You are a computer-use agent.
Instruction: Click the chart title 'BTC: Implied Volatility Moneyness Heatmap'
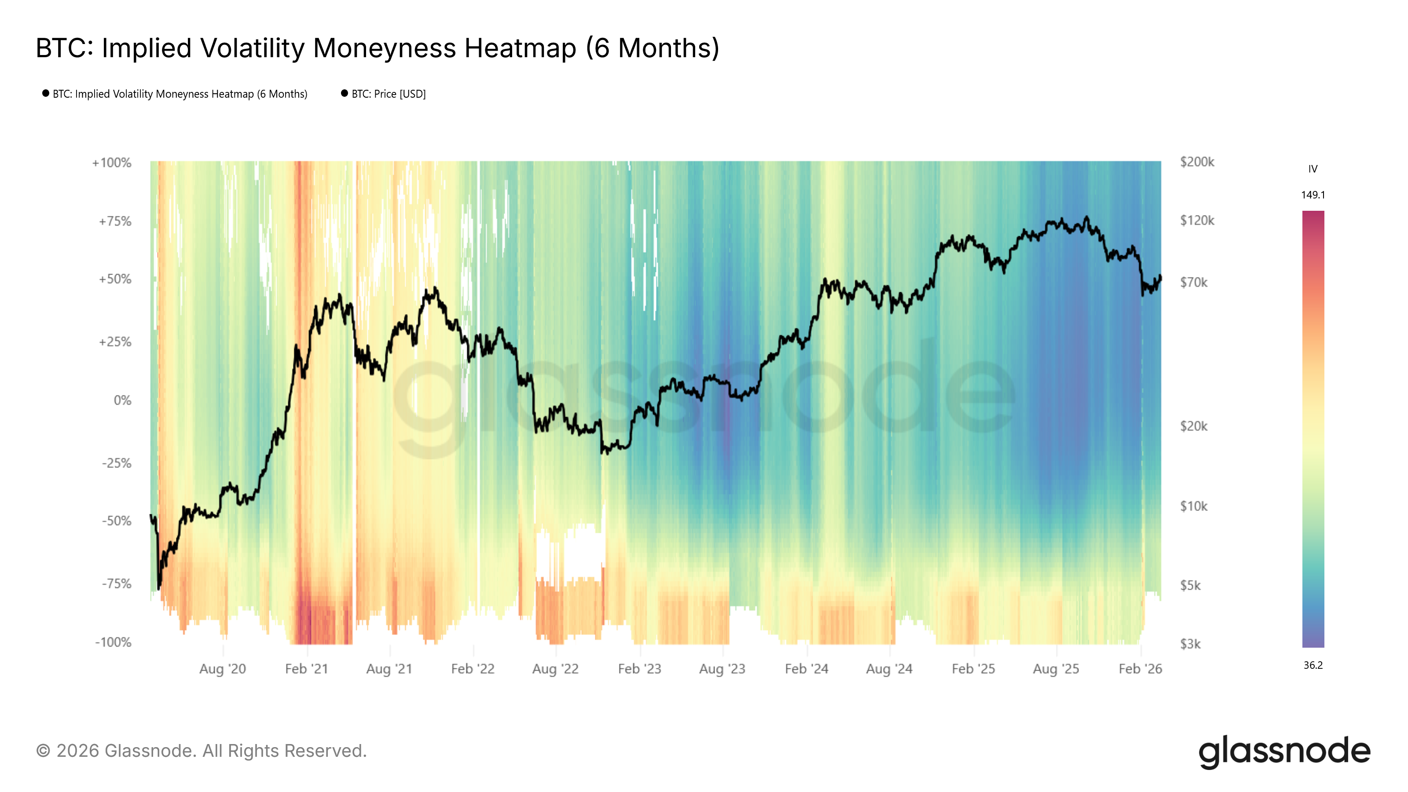(x=377, y=48)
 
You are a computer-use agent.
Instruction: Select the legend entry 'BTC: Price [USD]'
(x=388, y=94)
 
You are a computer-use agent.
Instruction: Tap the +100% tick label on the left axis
(x=112, y=163)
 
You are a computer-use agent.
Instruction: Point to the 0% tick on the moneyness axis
(x=122, y=401)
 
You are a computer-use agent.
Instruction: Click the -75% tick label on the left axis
(x=117, y=584)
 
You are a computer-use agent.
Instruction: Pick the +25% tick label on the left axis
(x=115, y=342)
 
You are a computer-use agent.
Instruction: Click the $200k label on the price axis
(x=1197, y=162)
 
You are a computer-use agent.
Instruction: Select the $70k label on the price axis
(x=1194, y=282)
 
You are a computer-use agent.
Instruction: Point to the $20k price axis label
(x=1194, y=426)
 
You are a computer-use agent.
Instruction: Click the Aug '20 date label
(x=223, y=669)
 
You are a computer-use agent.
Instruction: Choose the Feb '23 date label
(x=639, y=669)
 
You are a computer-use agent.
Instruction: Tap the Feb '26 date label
(x=1140, y=669)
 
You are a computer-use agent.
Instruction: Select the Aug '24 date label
(x=889, y=669)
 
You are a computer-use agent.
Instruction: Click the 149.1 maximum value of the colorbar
(x=1313, y=195)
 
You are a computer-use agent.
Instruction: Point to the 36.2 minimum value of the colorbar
(x=1313, y=665)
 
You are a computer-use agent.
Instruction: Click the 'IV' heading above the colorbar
(x=1313, y=169)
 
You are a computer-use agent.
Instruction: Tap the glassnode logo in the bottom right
(x=1284, y=752)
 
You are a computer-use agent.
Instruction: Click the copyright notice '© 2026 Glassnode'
(x=201, y=751)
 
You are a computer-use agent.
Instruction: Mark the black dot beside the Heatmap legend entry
(x=46, y=93)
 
